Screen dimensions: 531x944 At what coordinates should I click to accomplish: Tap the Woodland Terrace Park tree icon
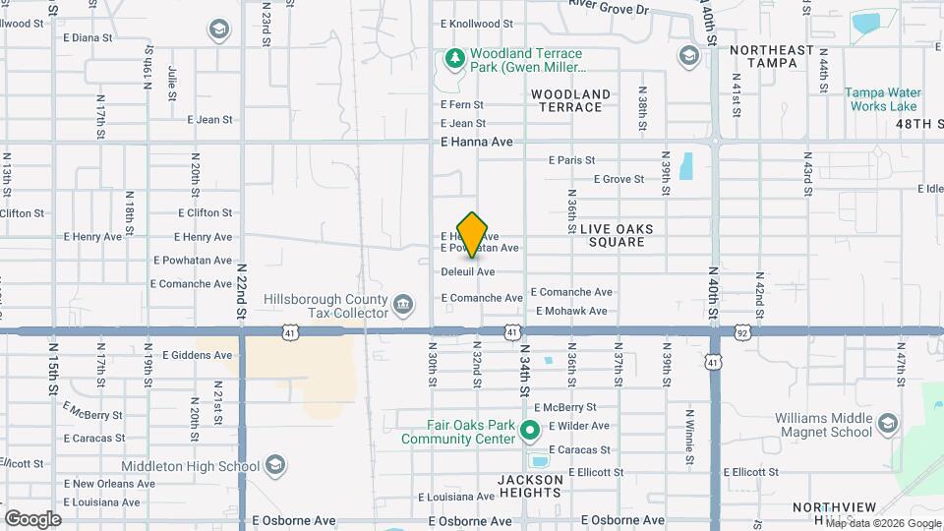(x=454, y=60)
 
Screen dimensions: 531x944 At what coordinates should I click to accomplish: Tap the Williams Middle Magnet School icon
(x=887, y=424)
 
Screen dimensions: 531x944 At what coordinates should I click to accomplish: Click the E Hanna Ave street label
(x=477, y=143)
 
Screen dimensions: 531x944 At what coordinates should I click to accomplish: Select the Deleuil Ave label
(x=467, y=271)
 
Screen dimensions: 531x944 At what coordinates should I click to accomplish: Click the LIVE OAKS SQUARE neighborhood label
(x=617, y=235)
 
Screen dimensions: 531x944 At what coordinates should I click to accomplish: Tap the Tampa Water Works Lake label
(x=881, y=99)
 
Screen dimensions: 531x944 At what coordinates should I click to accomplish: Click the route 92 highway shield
(x=742, y=333)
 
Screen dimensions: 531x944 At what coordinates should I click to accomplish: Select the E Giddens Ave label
(x=198, y=355)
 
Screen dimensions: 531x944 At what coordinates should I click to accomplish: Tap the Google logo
(x=31, y=518)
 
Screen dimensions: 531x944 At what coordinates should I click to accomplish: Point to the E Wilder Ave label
(x=579, y=426)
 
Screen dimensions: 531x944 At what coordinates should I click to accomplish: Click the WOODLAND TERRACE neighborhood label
(x=570, y=100)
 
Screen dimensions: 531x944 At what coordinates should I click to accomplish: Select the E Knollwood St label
(x=477, y=23)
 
